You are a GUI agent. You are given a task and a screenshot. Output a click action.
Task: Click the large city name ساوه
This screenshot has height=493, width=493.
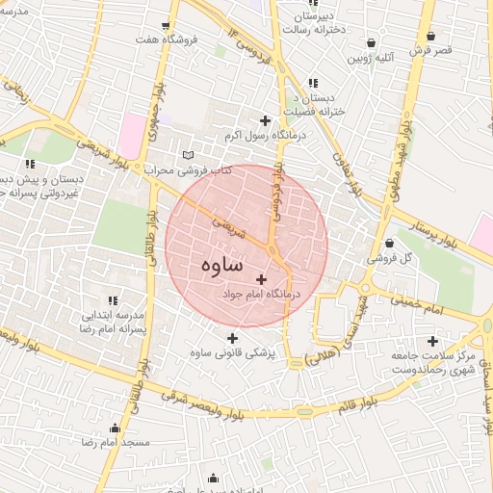point(222,264)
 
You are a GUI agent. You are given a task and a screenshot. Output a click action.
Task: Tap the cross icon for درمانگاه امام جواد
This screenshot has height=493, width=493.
point(261,278)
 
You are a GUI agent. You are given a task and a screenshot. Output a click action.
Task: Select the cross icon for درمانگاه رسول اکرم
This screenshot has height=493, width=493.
point(266,120)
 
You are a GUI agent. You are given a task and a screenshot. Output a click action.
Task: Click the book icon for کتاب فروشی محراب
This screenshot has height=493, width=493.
point(188,155)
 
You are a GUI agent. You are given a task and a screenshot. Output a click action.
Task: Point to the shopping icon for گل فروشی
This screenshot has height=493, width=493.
point(389,244)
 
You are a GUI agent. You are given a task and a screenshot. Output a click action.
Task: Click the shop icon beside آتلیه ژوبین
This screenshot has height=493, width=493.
point(372,42)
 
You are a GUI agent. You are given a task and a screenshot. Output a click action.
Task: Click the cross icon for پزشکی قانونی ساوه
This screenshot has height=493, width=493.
point(232,338)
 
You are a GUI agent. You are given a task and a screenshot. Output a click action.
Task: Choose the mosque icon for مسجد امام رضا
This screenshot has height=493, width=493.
point(116,428)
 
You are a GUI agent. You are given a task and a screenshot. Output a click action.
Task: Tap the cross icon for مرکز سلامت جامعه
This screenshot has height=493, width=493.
point(432,340)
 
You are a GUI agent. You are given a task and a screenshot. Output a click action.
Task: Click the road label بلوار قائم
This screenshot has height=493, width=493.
point(357,405)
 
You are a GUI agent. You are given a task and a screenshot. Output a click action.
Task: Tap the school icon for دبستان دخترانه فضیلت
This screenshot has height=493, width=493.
point(311,83)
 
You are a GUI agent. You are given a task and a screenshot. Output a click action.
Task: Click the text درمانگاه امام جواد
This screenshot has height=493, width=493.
point(261,293)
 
